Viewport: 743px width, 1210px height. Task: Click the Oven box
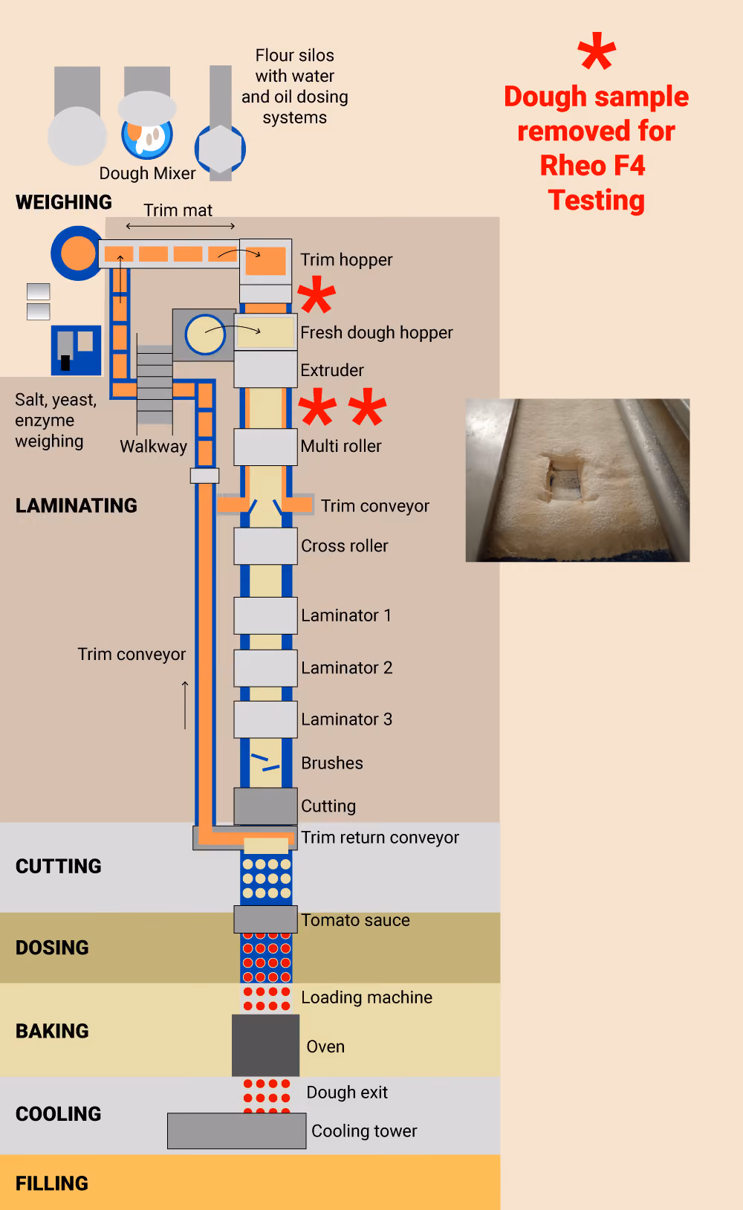coord(266,1045)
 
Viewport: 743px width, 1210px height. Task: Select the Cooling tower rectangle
coord(236,1130)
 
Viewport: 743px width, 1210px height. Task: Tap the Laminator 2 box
coord(266,668)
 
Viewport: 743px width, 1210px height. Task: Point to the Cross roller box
coord(266,546)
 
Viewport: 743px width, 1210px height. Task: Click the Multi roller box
coord(266,447)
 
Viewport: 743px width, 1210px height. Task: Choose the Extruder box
coord(266,369)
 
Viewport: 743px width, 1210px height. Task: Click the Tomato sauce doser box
coord(266,919)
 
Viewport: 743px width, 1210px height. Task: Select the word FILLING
coord(52,1183)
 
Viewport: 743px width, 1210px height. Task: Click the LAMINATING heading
coord(76,505)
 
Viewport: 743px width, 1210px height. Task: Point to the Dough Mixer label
coord(147,173)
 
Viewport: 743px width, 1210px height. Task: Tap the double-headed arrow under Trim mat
coord(181,226)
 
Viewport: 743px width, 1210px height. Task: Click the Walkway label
coord(153,447)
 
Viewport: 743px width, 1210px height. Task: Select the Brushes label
coord(332,763)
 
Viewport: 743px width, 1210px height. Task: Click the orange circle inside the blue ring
coord(78,253)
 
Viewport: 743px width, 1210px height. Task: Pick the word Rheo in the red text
coord(566,165)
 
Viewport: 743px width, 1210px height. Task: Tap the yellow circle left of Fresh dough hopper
coord(204,334)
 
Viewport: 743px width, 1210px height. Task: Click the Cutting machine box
coord(266,806)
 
